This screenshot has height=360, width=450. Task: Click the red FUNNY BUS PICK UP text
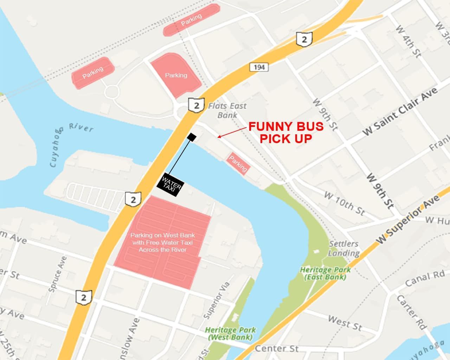click(x=285, y=133)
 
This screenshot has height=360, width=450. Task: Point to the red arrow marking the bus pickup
click(x=232, y=133)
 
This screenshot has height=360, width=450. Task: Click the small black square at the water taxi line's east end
click(x=192, y=137)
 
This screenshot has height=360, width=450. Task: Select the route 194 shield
click(x=259, y=67)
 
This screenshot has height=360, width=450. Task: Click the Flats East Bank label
click(x=227, y=110)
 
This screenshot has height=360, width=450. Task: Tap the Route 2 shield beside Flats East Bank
click(x=196, y=105)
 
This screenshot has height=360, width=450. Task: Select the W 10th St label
click(x=344, y=203)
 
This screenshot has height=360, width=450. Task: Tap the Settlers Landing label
click(x=344, y=248)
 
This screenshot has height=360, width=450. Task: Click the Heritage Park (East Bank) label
click(x=325, y=273)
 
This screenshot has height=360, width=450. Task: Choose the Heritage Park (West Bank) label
click(x=230, y=333)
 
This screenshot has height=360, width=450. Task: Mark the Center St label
click(x=276, y=348)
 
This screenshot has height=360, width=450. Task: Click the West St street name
click(x=345, y=322)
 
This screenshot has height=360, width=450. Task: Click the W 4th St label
click(x=408, y=41)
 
